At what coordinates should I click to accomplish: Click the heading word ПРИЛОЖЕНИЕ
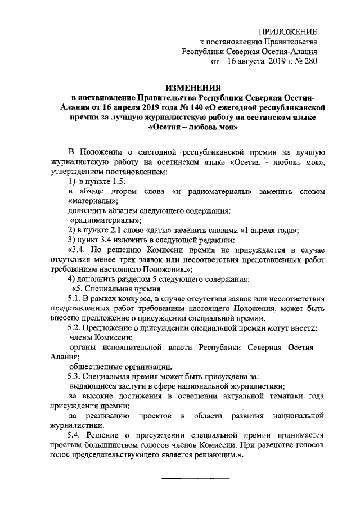[291, 31]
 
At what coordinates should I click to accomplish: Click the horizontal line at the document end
[196, 478]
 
